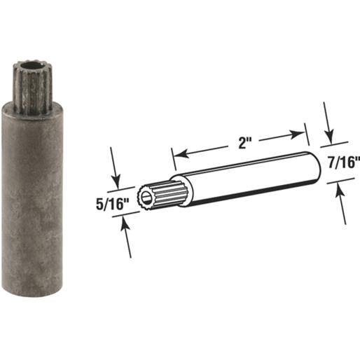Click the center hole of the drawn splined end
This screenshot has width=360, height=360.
(144, 198)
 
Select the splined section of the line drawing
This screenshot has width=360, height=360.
(158, 193)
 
